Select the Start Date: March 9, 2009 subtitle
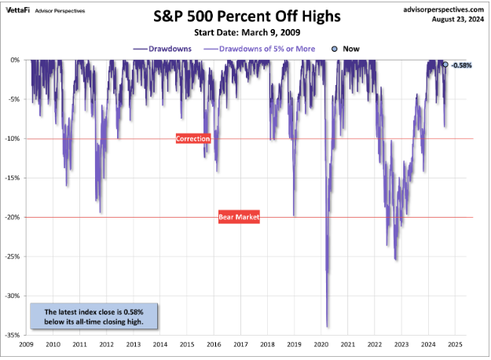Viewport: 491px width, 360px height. pos(247,33)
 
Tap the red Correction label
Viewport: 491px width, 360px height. pos(193,138)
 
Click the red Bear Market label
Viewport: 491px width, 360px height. pos(239,217)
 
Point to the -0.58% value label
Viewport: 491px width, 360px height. pos(461,65)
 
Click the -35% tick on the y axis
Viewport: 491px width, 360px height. pos(14,335)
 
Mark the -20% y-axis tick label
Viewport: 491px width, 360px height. pos(14,217)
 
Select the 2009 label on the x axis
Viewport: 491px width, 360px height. pos(26,344)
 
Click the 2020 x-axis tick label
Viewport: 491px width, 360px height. pos(321,344)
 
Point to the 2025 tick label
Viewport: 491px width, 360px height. pos(456,344)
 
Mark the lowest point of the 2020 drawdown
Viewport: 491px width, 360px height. pos(327,326)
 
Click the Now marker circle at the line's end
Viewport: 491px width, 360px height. pos(445,64)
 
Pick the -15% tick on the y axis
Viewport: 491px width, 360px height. pos(14,178)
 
